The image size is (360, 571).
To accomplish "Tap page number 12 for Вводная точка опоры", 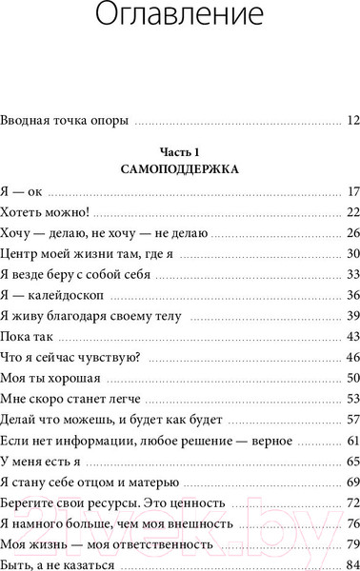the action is [351, 121].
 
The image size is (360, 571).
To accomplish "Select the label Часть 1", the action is [179, 152].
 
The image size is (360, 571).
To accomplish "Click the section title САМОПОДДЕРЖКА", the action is [179, 170].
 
